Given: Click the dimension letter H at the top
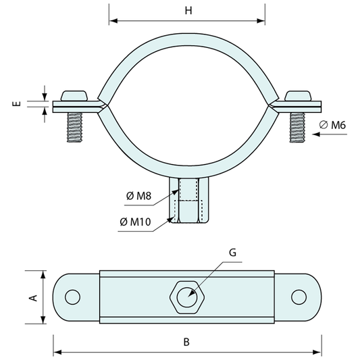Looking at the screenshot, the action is (x=188, y=11).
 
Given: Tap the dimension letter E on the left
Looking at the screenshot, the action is (x=16, y=104).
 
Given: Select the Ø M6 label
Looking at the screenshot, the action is (x=332, y=125).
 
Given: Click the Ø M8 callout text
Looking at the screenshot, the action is (x=138, y=196).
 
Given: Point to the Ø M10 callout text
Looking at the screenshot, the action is (x=135, y=222).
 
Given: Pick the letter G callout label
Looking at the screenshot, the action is (x=232, y=253).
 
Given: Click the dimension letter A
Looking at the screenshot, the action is (x=33, y=298).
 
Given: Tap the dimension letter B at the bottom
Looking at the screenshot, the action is (x=186, y=342).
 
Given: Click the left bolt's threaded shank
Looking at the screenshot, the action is (x=74, y=128).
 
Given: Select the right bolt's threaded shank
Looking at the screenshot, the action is (x=297, y=128).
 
